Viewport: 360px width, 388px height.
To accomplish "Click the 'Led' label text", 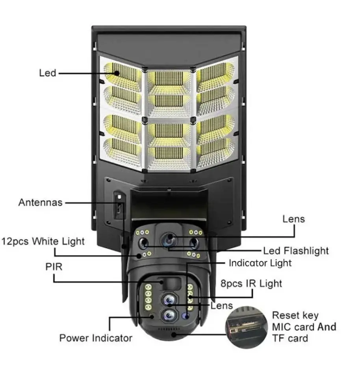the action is coord(48,73).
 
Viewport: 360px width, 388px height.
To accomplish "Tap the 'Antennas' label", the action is coord(40,202).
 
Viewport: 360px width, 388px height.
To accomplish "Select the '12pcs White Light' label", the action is coord(43,241).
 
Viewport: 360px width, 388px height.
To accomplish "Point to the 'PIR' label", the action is coord(54,267).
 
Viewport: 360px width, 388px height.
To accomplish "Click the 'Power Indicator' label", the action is coord(96,338).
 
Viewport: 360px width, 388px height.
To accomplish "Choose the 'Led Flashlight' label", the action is coord(296,251).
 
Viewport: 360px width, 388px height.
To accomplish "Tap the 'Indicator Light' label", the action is coord(260,263).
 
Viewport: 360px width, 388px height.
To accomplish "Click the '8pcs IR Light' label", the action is coord(251,284).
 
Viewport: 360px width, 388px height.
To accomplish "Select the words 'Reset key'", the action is coord(295,316).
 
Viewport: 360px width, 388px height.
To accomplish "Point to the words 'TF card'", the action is coord(290,338).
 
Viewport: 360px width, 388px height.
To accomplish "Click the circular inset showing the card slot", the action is coord(247,327).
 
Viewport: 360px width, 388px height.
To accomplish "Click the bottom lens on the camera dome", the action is coord(169,315).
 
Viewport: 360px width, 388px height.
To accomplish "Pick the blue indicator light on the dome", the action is coord(186,316).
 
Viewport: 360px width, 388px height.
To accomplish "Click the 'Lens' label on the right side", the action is coord(294,219).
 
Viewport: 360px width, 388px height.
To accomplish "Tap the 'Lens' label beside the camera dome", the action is coord(222,306).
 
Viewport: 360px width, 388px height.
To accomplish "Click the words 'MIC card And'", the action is coord(304,327).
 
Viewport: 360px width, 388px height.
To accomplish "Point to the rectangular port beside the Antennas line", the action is coord(119,205).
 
